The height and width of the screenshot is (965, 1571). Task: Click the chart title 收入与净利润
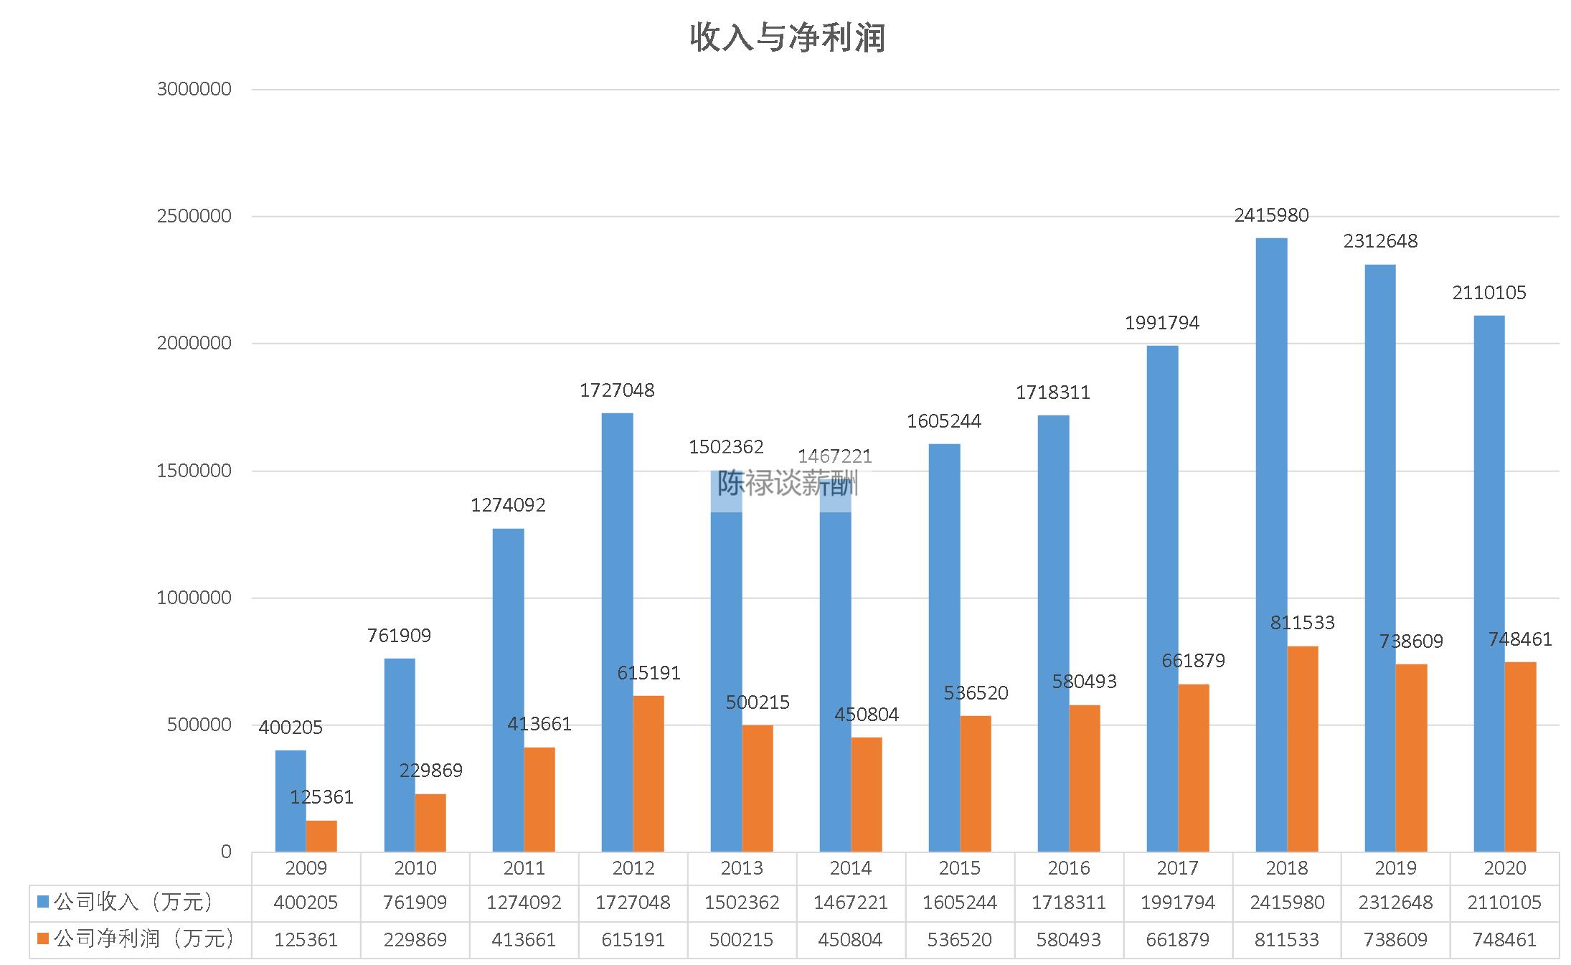coord(788,37)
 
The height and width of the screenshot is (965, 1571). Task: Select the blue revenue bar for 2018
coord(1271,545)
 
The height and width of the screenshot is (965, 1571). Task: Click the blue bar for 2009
coord(291,801)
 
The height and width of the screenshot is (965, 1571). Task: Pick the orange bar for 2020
coord(1520,757)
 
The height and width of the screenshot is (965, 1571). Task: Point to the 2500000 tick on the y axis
coord(194,216)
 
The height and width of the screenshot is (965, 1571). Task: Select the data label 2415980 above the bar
coord(1271,215)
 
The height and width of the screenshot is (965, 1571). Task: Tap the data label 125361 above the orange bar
coord(321,797)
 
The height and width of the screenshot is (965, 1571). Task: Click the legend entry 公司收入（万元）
coord(133,903)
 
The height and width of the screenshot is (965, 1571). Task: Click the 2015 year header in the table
coord(959,868)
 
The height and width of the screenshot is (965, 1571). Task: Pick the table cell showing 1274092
coord(524,903)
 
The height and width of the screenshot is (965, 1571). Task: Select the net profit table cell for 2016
coord(1068,940)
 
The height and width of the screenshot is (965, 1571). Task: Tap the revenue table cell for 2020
coord(1504,903)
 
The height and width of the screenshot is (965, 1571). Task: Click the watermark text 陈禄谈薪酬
coord(788,484)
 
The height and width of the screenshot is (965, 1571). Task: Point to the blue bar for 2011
coord(509,690)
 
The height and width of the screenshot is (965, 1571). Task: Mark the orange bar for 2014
coord(867,794)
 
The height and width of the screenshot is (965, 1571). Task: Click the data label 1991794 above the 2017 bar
coord(1162,323)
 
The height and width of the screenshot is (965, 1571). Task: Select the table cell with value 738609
coord(1395,940)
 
